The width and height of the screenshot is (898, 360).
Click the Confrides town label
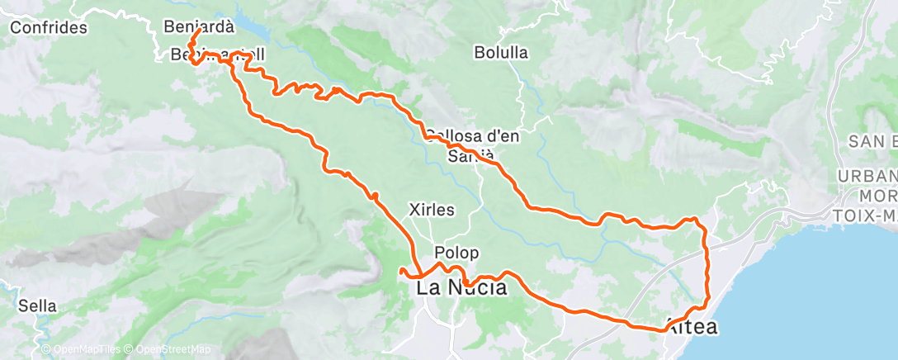point(49,28)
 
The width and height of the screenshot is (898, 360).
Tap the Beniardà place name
point(199,26)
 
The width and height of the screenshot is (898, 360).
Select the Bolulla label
point(500,53)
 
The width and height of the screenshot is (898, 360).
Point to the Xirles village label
point(432,210)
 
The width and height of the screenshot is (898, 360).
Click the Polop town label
point(457,253)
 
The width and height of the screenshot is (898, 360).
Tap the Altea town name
point(691,327)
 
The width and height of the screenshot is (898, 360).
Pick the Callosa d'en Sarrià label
point(472,145)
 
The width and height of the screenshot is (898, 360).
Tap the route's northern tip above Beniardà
point(198,31)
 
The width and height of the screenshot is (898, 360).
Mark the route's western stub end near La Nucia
point(401,270)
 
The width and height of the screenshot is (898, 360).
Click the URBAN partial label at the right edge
point(867,178)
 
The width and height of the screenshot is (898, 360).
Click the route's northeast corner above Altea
point(696,220)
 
